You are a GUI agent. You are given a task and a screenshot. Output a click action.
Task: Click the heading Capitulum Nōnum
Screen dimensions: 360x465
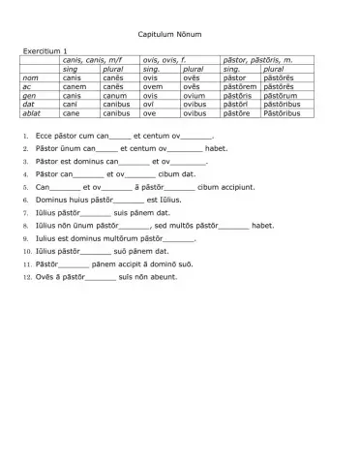pyautogui.click(x=180, y=34)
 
